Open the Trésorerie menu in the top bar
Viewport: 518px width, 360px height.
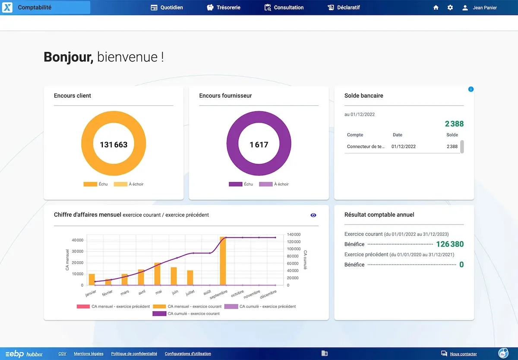click(x=224, y=7)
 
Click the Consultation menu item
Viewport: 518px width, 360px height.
click(x=284, y=7)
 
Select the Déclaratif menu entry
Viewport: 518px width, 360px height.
click(x=344, y=7)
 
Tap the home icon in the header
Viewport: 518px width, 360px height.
click(x=436, y=7)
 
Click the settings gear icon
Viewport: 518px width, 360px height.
click(x=450, y=7)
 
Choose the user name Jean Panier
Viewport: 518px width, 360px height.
click(x=484, y=7)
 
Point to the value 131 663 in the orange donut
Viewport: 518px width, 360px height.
click(x=114, y=145)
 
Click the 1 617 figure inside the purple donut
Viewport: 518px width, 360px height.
click(x=259, y=145)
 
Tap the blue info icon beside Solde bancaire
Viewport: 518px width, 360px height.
click(x=471, y=89)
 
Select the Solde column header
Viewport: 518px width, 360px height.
click(x=452, y=135)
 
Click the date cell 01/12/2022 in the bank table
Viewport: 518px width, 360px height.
click(x=404, y=146)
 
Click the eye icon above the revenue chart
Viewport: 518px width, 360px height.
click(x=313, y=215)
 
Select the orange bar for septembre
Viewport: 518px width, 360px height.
click(x=223, y=261)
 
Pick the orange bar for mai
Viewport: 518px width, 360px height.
click(x=158, y=274)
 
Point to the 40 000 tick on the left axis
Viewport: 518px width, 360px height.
click(x=77, y=240)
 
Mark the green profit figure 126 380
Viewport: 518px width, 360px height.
click(x=450, y=244)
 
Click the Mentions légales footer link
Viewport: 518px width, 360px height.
click(x=88, y=354)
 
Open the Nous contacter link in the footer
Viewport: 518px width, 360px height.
click(x=463, y=354)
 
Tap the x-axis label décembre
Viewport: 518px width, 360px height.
click(x=268, y=294)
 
